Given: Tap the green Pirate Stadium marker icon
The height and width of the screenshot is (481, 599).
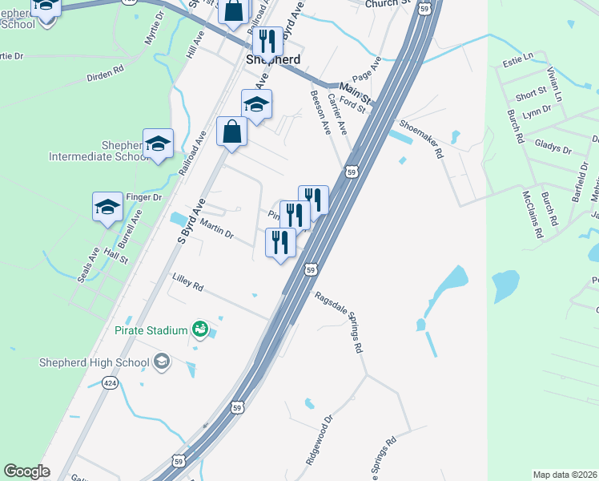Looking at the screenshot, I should pos(200,329).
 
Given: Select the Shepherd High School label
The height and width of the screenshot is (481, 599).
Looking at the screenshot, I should pos(94,362).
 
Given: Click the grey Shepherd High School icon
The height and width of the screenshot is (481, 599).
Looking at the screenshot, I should pos(163,362).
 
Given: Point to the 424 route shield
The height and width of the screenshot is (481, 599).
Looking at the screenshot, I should pos(108,384).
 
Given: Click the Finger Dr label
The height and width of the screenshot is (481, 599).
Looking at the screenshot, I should pos(145,196).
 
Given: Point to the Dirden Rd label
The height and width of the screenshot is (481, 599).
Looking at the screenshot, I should pos(105,72).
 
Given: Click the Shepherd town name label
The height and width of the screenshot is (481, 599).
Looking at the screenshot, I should pos(273,60).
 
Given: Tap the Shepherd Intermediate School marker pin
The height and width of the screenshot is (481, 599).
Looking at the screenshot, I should pos(159,143).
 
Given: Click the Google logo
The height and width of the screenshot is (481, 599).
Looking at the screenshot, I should pos(27,471).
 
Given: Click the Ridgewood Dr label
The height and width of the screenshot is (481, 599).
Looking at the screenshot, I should pos(318,442).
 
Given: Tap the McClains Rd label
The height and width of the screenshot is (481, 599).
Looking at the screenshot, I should pos(533,214).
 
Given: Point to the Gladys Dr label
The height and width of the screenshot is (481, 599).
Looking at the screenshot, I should pos(553,149).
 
